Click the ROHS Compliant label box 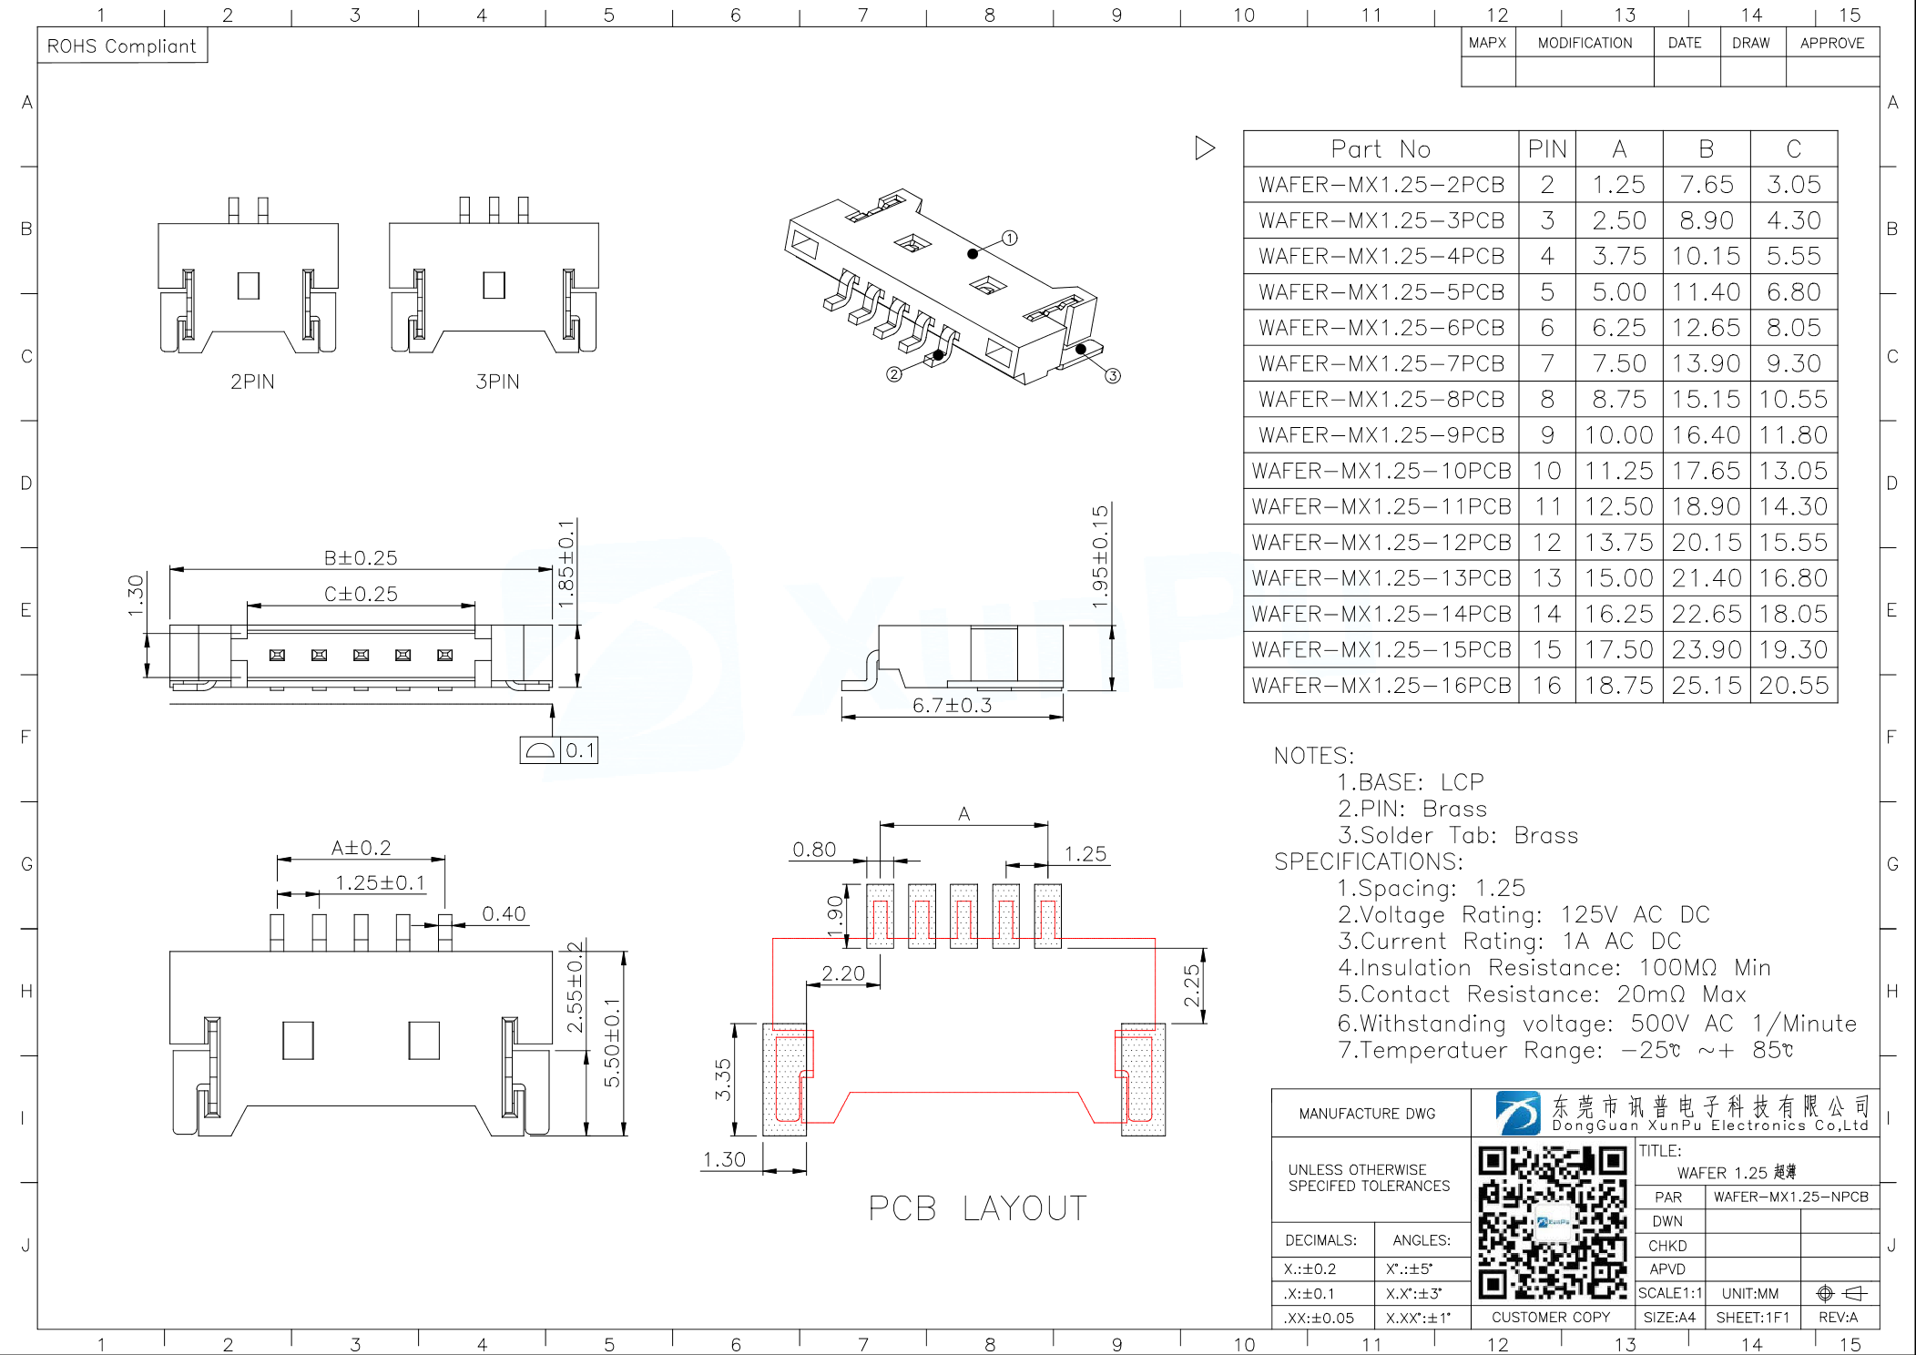pos(122,46)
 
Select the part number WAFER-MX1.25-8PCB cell pos(1381,399)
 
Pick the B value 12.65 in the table pos(1706,328)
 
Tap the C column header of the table pos(1793,148)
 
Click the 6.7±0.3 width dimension pos(952,706)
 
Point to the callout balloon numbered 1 pos(1009,238)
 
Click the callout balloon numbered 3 pos(1113,375)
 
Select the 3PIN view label pos(497,382)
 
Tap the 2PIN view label pos(252,382)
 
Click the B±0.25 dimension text pos(361,557)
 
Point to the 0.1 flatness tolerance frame pos(559,750)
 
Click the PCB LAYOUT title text pos(977,1208)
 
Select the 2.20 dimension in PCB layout pos(842,973)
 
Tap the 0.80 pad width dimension pos(813,850)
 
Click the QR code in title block pos(1552,1222)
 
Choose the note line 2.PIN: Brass pos(1412,809)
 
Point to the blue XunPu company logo pos(1517,1113)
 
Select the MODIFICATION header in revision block pos(1585,43)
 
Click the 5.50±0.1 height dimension pos(612,1043)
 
